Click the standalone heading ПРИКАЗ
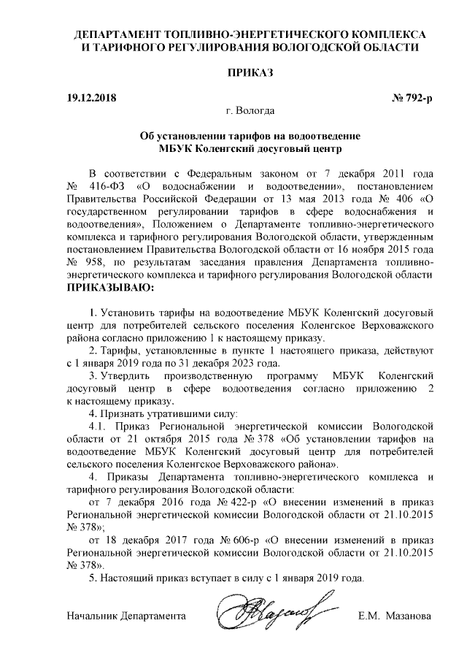[250, 74]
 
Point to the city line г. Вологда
[250, 111]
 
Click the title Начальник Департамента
[126, 615]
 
